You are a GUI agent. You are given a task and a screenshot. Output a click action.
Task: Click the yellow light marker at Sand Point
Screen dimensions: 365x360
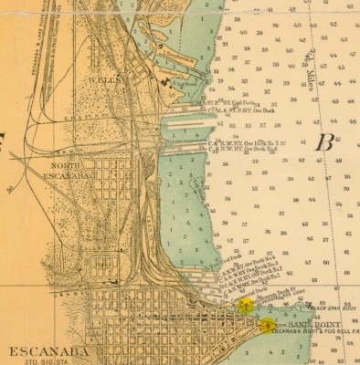[266, 325]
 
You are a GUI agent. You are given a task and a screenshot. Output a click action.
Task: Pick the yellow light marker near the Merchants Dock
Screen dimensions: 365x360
[244, 306]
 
